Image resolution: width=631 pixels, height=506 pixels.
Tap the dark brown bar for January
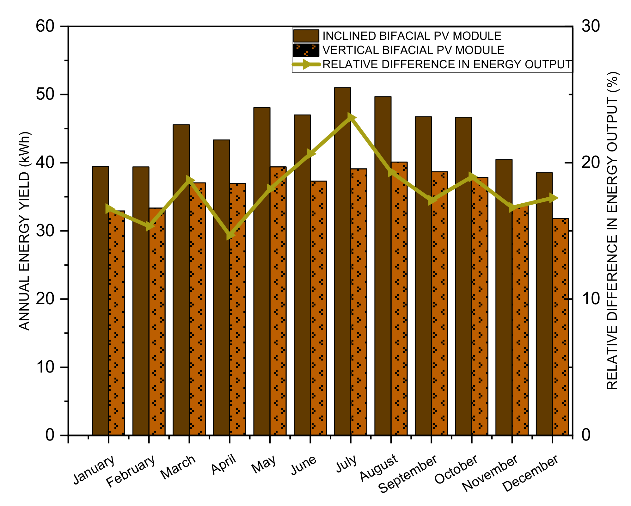click(x=101, y=300)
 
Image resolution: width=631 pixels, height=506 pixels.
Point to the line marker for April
click(x=230, y=236)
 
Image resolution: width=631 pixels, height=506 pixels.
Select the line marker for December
click(x=552, y=198)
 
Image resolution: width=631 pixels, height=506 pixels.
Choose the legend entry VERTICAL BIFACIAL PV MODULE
click(x=413, y=50)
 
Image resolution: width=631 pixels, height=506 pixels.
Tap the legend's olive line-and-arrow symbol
click(x=306, y=64)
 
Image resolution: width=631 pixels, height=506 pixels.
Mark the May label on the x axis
click(x=264, y=464)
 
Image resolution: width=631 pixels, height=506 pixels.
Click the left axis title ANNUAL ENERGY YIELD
click(x=25, y=231)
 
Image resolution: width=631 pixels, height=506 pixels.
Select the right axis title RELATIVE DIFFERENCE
click(x=612, y=231)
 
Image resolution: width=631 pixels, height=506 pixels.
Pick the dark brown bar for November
click(x=504, y=297)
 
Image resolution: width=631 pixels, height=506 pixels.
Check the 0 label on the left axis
click(x=50, y=435)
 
